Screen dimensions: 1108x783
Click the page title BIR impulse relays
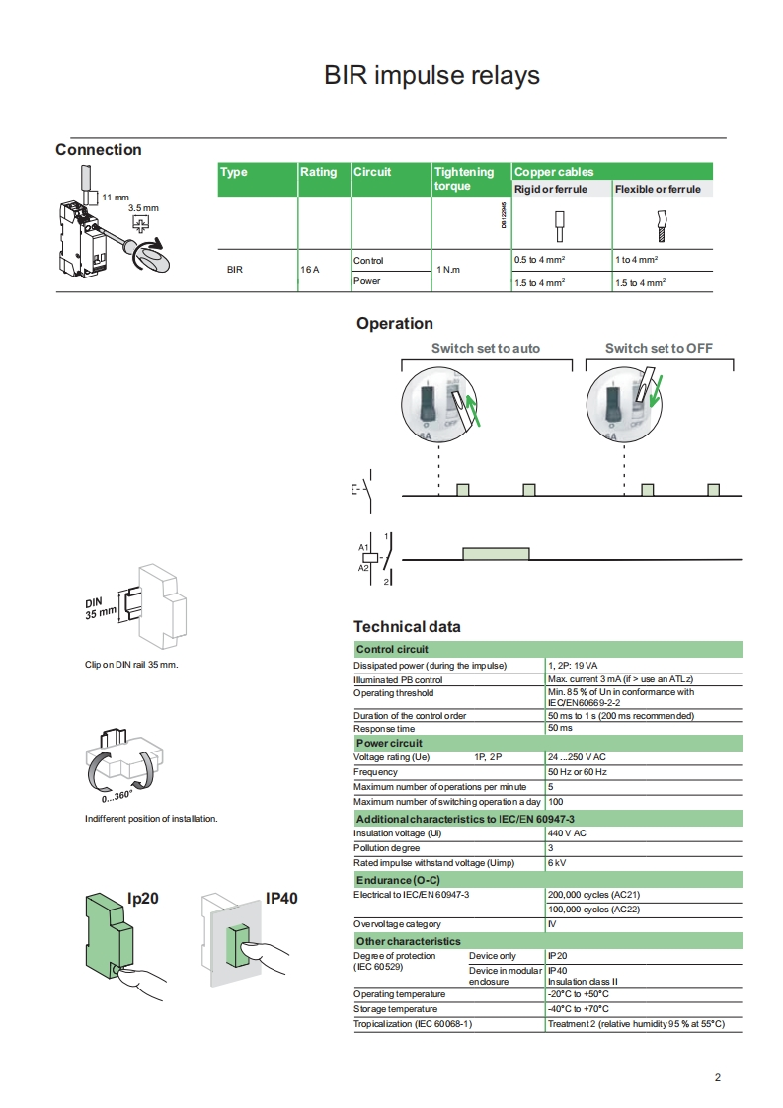click(x=431, y=76)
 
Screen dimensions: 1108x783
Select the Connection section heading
click(x=99, y=150)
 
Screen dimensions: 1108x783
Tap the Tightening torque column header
click(x=464, y=178)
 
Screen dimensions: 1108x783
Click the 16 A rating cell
click(x=309, y=269)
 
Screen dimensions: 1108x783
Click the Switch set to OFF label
click(x=659, y=348)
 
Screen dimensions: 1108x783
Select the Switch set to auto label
click(x=486, y=348)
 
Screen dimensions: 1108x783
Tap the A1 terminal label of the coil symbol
click(x=363, y=546)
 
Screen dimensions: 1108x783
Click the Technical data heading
click(x=407, y=627)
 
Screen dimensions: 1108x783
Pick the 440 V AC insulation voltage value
click(x=567, y=833)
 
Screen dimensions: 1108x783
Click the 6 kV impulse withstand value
click(x=557, y=863)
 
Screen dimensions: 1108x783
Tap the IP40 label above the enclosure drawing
click(x=281, y=898)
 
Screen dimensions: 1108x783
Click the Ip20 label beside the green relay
click(x=143, y=898)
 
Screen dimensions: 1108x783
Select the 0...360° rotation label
click(x=117, y=796)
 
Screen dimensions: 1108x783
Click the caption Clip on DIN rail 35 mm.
click(x=131, y=665)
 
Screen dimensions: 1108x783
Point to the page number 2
click(x=718, y=1077)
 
